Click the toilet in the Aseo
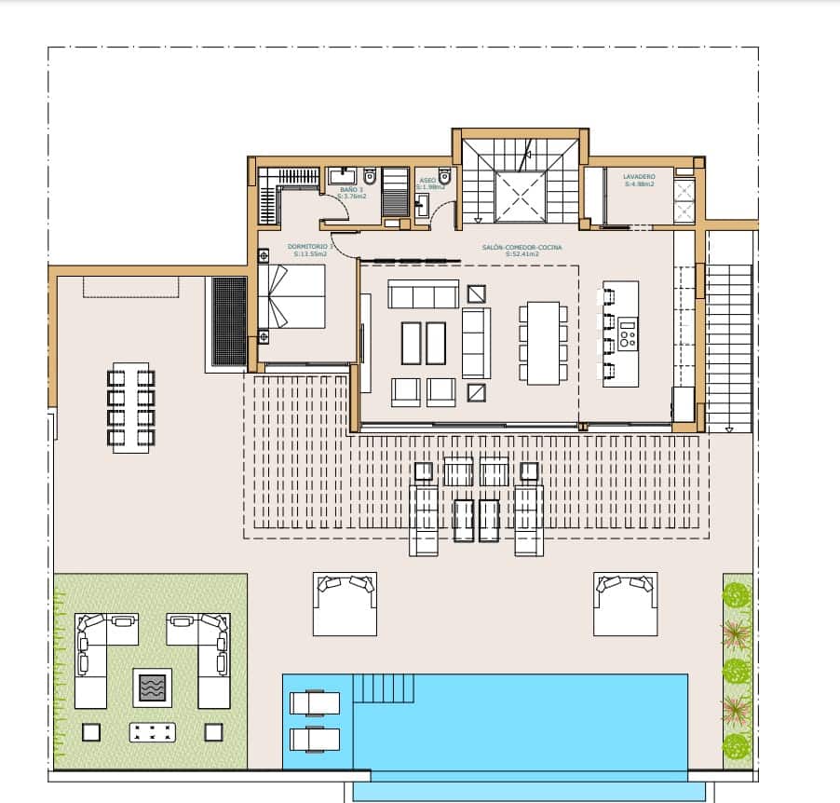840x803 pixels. (444, 176)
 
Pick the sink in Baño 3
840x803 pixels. (339, 175)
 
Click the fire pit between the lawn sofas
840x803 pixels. (151, 688)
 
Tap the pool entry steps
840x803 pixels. (384, 688)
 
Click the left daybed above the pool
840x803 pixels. (345, 603)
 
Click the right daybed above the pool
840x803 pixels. (626, 603)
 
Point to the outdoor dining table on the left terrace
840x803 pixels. (131, 407)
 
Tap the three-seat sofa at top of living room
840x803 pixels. (424, 296)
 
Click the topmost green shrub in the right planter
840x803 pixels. (737, 594)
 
